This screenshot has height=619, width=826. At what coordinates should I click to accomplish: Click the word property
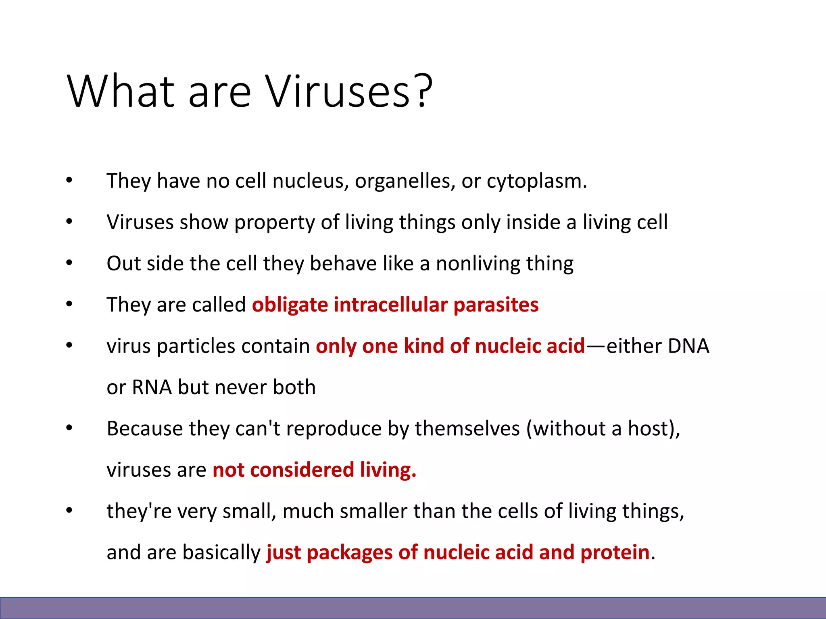(274, 223)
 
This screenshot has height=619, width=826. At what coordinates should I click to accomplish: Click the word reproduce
(334, 429)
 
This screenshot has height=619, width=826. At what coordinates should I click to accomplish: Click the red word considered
(302, 470)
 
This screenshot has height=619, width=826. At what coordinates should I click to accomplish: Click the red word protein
(615, 553)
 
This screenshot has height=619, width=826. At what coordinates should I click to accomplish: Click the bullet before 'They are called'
(69, 304)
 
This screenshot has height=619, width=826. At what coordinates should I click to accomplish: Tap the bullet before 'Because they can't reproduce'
(69, 428)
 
